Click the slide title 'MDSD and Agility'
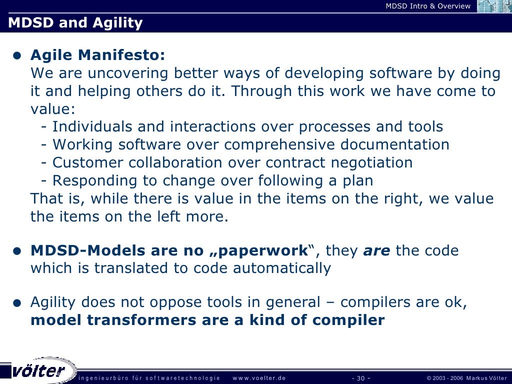pyautogui.click(x=75, y=23)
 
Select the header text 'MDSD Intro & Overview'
pyautogui.click(x=428, y=6)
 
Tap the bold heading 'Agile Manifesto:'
pyautogui.click(x=97, y=54)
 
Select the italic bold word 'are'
pyautogui.click(x=376, y=250)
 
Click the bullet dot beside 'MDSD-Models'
pyautogui.click(x=17, y=251)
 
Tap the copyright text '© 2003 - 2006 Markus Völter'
pyautogui.click(x=466, y=378)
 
